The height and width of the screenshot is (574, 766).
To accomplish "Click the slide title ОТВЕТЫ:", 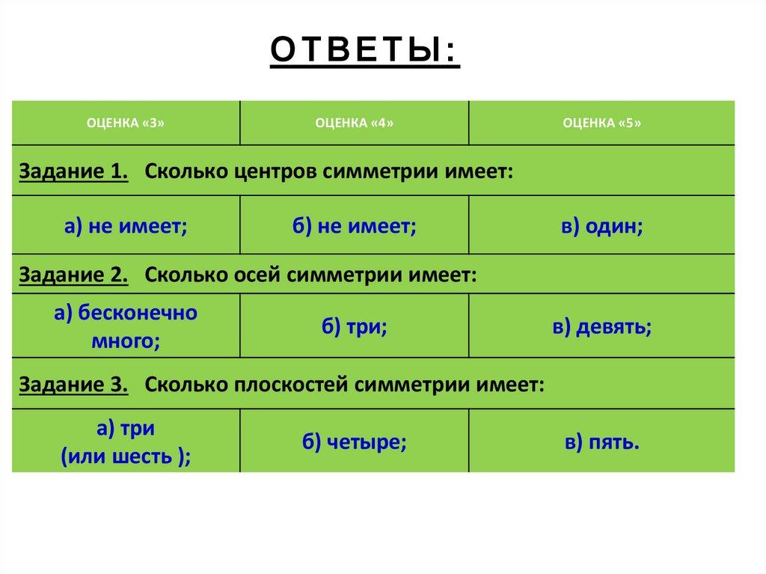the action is pos(365,50).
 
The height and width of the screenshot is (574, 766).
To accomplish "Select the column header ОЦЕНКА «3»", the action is pos(126,123).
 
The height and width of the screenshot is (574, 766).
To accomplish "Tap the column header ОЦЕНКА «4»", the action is pos(354,123).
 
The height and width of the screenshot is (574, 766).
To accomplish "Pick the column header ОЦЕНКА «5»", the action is pos(602,123).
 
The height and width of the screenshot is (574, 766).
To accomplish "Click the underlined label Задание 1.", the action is pos(73,171).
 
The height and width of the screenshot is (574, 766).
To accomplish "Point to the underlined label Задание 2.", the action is pos(73,275).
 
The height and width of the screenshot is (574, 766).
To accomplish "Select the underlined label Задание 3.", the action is pos(73,385).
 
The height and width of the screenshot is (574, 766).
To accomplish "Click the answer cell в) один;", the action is pos(602,226).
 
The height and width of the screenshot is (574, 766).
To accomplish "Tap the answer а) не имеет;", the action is pos(126,226).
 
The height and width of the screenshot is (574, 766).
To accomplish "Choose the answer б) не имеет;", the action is pos(354,226).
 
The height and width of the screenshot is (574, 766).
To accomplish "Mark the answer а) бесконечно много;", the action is pos(126,326).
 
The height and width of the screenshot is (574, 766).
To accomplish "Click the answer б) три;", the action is pos(354,326).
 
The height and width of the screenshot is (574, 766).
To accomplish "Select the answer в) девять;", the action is pos(602,326).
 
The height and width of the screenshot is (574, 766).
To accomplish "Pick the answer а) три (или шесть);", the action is pos(126,442).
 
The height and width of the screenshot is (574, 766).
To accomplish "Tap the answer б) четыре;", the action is pos(354,442).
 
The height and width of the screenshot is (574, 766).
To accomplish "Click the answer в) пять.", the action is pos(602,442).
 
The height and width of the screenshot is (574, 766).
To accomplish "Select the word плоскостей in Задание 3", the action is pos(291,385).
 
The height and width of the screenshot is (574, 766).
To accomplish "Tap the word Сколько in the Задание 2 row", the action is pos(186,275).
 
